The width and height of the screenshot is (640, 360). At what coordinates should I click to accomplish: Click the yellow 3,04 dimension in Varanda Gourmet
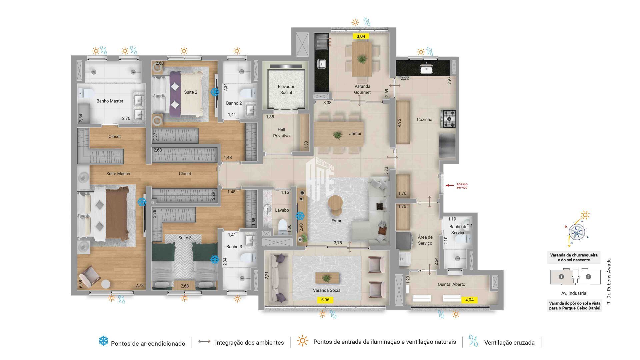[361, 36]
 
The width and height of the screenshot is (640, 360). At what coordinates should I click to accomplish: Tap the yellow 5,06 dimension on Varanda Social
[325, 300]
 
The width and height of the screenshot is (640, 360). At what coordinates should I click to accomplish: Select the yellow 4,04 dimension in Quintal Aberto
[469, 300]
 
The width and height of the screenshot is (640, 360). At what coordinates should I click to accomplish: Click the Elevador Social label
[286, 89]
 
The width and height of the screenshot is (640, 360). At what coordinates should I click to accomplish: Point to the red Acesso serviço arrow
[450, 185]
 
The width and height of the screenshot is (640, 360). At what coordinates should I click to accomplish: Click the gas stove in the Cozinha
[448, 119]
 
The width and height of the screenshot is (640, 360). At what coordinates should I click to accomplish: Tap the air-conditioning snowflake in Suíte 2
[215, 92]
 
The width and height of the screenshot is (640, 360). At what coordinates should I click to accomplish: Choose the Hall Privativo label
[281, 133]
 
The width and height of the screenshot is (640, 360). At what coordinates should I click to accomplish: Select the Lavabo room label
[282, 210]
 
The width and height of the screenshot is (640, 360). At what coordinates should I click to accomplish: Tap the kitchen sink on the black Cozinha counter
[426, 69]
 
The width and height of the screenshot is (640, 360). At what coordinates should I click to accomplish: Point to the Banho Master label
[110, 101]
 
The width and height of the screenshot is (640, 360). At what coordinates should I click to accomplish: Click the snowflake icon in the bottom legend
[104, 341]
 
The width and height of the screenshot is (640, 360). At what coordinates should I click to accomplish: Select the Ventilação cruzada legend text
[509, 342]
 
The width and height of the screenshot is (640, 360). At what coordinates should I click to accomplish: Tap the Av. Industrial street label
[574, 293]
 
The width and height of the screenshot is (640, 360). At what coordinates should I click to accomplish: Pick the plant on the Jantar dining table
[337, 135]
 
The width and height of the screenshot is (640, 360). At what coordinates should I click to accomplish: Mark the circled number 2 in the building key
[588, 277]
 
